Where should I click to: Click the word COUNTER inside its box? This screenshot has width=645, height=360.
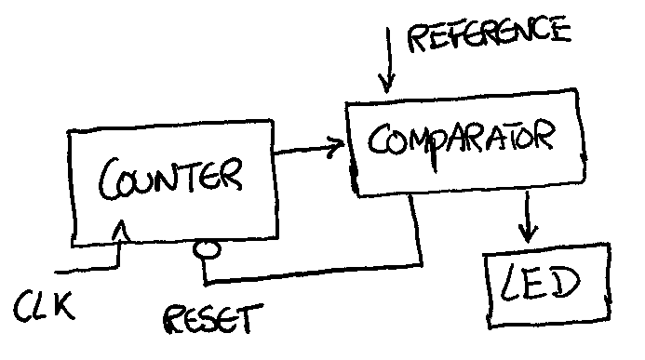(170, 179)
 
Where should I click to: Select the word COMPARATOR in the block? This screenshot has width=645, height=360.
(462, 141)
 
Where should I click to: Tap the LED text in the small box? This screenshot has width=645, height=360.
(540, 283)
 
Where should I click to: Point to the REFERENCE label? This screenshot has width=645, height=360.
(489, 33)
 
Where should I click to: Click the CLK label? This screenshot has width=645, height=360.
(45, 306)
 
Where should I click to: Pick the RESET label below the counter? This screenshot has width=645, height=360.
(213, 319)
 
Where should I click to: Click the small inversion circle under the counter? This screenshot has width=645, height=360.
(207, 249)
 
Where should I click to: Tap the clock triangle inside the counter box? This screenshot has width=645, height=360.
(121, 231)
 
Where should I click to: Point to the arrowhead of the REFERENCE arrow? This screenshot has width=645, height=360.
(386, 84)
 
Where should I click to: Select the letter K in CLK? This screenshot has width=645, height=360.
(64, 305)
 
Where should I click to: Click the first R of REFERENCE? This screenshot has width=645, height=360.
(419, 38)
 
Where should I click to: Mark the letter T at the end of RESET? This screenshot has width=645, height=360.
(251, 318)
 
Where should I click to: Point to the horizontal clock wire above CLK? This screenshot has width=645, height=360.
(87, 270)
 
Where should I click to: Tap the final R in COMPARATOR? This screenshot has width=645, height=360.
(545, 135)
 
